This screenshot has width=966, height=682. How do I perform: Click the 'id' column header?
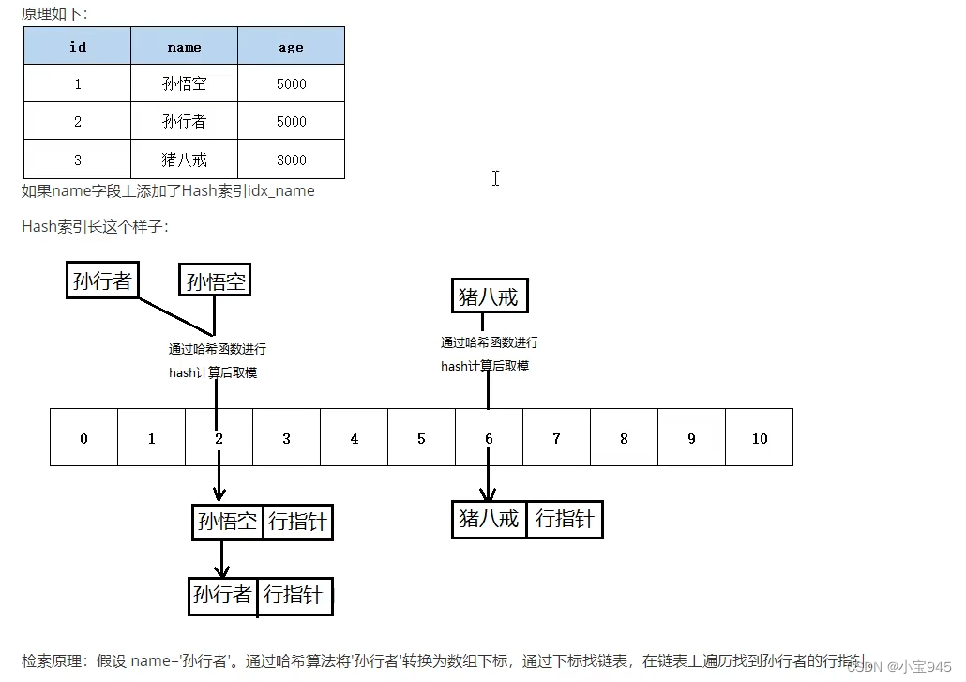click(x=78, y=46)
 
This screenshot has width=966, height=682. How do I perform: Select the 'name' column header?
click(x=184, y=46)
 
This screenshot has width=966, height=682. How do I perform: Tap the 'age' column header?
click(x=291, y=46)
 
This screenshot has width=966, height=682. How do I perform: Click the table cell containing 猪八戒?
click(x=184, y=159)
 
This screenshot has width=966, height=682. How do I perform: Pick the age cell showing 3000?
click(x=291, y=159)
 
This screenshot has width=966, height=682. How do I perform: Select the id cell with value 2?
click(x=78, y=121)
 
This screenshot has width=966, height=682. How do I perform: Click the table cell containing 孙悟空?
click(x=184, y=83)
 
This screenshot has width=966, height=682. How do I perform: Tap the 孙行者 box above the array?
click(x=102, y=280)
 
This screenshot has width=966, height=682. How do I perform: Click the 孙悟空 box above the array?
click(x=216, y=280)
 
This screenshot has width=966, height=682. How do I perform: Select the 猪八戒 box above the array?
click(x=489, y=296)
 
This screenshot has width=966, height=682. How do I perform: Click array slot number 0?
click(x=83, y=438)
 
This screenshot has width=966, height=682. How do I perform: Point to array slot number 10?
click(x=760, y=438)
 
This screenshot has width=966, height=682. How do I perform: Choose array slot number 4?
click(x=354, y=438)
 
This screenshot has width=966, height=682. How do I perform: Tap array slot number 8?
click(x=624, y=438)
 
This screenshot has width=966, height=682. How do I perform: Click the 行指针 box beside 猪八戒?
click(x=565, y=520)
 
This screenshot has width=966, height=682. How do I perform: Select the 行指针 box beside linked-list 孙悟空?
click(x=297, y=522)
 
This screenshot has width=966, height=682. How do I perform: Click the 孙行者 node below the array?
click(x=222, y=595)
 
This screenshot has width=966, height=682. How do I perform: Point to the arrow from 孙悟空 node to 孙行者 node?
click(x=222, y=559)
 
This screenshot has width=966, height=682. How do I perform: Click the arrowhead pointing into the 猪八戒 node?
click(x=488, y=494)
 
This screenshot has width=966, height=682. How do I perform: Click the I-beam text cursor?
click(x=495, y=178)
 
